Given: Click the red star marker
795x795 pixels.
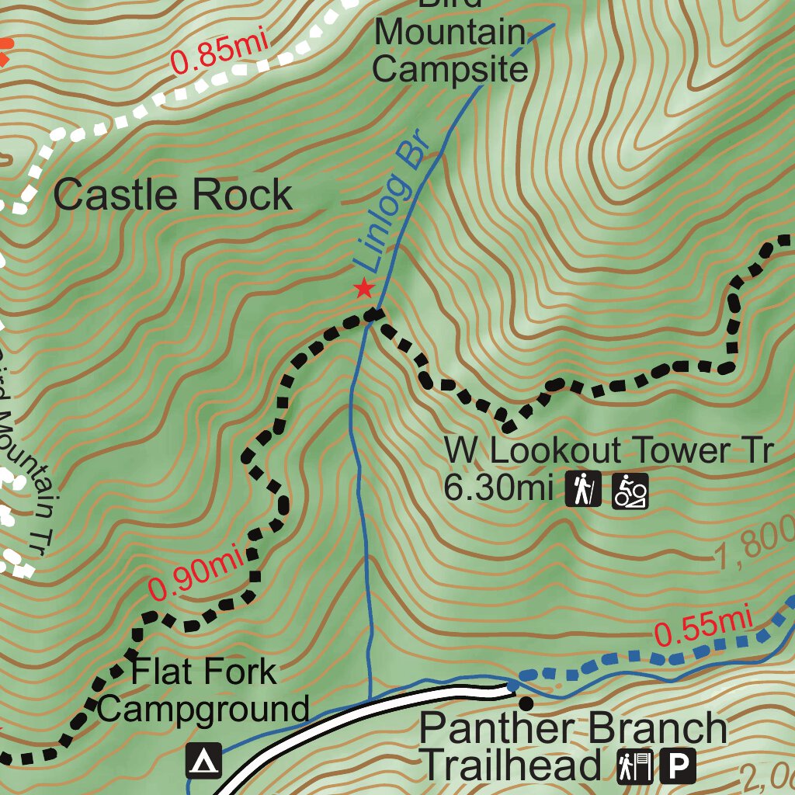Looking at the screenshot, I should point(363,290).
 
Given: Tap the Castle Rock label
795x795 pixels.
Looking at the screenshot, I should point(172,195).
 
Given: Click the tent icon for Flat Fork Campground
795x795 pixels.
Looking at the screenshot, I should point(203,762).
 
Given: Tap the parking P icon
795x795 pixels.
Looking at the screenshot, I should point(679,766).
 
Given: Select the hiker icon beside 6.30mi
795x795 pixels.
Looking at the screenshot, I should point(583,490).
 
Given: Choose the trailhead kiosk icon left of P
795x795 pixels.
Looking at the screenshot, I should point(635,766).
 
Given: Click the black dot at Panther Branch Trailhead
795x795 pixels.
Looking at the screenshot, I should point(526,703).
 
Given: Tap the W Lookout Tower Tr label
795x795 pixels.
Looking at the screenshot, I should point(609,450).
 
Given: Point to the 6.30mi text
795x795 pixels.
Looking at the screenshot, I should point(498,489).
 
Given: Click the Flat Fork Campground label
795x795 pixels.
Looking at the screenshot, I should point(203,690).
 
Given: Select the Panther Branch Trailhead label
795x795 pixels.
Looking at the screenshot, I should point(573,747).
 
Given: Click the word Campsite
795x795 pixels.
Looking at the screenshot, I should point(450,69).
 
